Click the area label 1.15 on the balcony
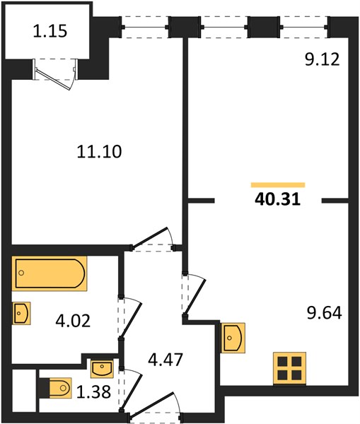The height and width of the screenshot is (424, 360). click(50, 31)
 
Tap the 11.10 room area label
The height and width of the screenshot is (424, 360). click(99, 151)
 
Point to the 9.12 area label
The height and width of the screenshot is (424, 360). click(322, 59)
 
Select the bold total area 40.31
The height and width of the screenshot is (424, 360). click(278, 199)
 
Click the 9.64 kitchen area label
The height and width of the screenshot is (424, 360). click(324, 312)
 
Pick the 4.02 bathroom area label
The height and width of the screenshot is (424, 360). click(73, 321)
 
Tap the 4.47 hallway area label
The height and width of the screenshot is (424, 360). click(166, 360)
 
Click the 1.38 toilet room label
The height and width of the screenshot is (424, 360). click(93, 391)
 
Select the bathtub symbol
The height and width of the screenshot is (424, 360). click(50, 273)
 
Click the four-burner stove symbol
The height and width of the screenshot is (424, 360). click(289, 367)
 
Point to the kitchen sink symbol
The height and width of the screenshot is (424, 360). click(233, 338)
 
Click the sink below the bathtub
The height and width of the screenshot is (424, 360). click(21, 313)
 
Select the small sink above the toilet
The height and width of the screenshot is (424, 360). click(102, 368)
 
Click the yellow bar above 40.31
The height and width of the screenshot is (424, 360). click(278, 185)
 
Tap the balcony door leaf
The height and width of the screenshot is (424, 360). click(54, 78)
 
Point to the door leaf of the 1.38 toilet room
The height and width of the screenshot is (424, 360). click(132, 391)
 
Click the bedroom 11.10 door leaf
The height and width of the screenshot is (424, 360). click(149, 237)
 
